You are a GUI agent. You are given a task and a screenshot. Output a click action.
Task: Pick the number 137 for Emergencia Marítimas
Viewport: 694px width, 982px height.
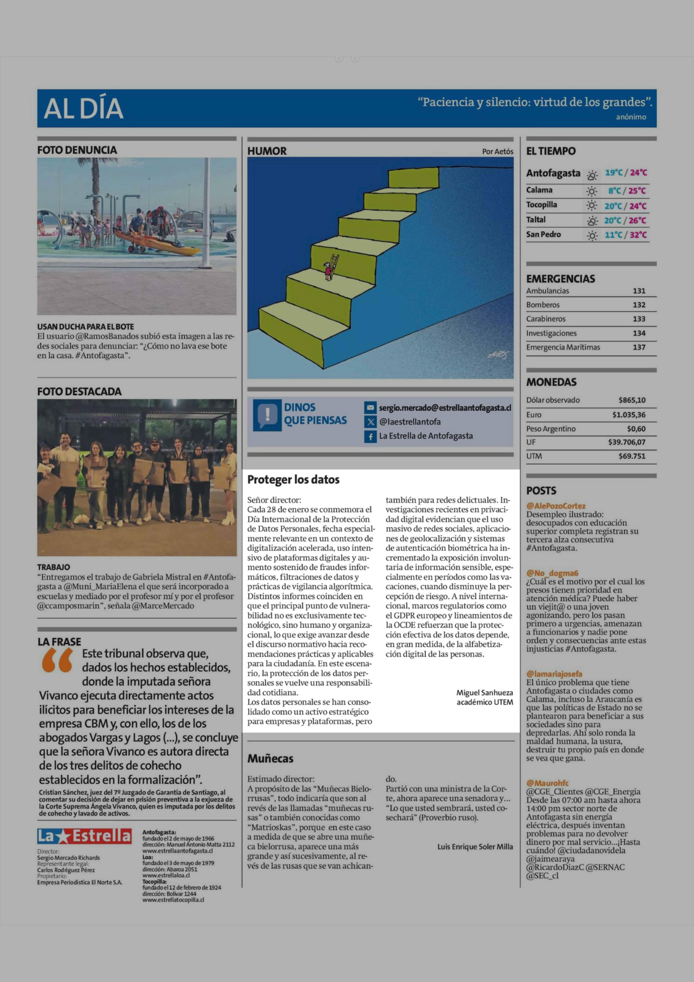click(639, 347)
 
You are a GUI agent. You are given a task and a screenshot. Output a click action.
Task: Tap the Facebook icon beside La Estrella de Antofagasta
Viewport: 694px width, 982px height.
click(370, 436)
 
